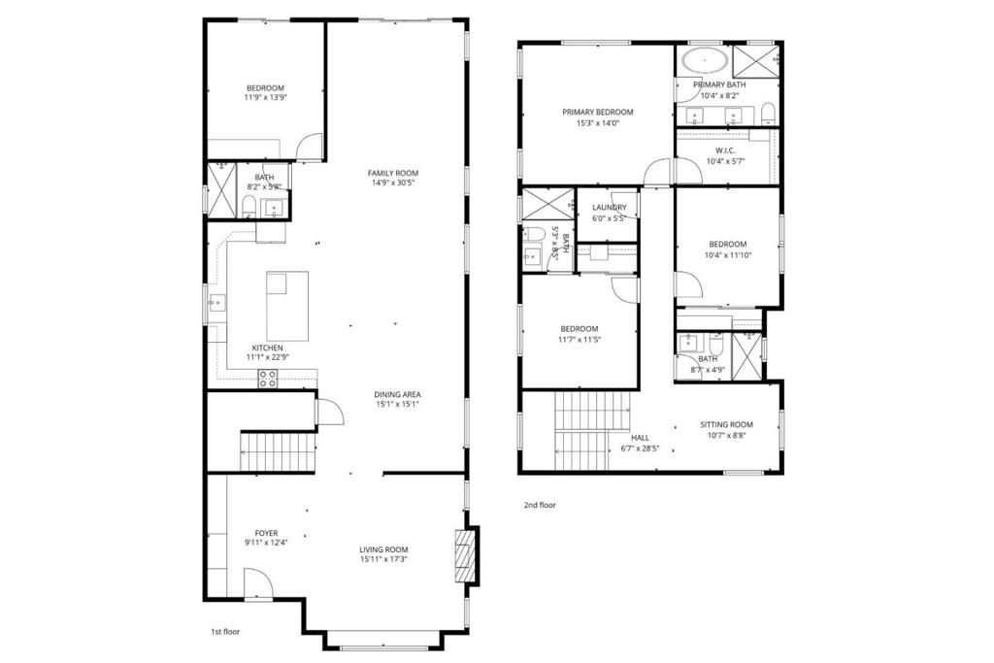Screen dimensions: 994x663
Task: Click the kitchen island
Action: click(x=287, y=306)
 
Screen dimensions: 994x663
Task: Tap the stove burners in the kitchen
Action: click(x=268, y=379)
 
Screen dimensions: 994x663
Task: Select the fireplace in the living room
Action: click(x=465, y=555)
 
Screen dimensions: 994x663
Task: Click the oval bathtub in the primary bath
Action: click(x=705, y=62)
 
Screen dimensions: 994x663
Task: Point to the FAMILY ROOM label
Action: click(x=393, y=173)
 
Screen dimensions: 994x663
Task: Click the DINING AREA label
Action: click(x=397, y=394)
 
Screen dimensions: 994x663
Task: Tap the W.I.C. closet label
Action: click(x=725, y=150)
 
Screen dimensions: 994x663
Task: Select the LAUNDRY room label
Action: click(x=610, y=208)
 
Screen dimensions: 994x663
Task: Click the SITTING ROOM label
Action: click(x=726, y=424)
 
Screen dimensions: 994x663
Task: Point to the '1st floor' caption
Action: click(x=225, y=631)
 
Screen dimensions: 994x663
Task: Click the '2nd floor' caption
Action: click(x=540, y=505)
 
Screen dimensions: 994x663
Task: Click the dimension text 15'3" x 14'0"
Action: click(x=598, y=123)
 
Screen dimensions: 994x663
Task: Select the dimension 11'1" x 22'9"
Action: click(x=268, y=357)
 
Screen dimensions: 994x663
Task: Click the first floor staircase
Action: click(x=278, y=452)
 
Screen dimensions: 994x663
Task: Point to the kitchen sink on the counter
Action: click(x=216, y=304)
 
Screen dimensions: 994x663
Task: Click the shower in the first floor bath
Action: click(x=222, y=191)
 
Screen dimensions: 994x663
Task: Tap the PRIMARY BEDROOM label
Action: click(x=598, y=113)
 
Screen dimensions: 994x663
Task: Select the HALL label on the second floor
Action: click(x=641, y=438)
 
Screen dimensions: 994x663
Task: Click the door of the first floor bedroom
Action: click(x=311, y=147)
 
